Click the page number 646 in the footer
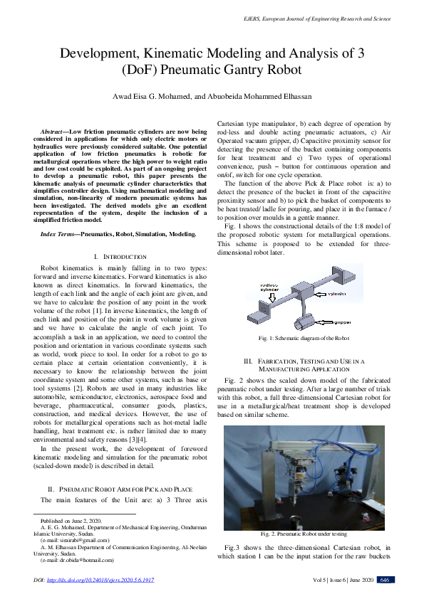click(x=384, y=580)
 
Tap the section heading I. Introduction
click(x=120, y=256)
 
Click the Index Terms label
click(x=59, y=233)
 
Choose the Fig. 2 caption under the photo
click(x=304, y=534)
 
